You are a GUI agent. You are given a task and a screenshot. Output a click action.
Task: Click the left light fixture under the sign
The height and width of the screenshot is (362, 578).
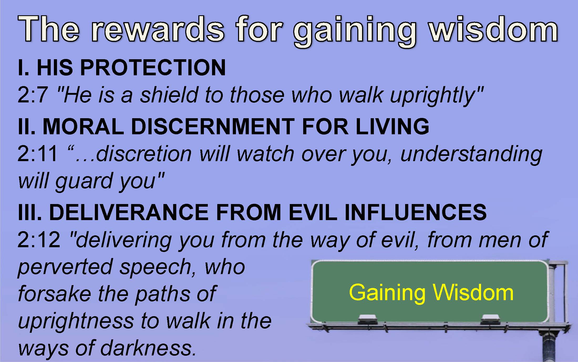click(x=367, y=319)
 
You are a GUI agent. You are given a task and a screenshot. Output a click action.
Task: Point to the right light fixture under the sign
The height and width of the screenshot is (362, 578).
click(x=490, y=319)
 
